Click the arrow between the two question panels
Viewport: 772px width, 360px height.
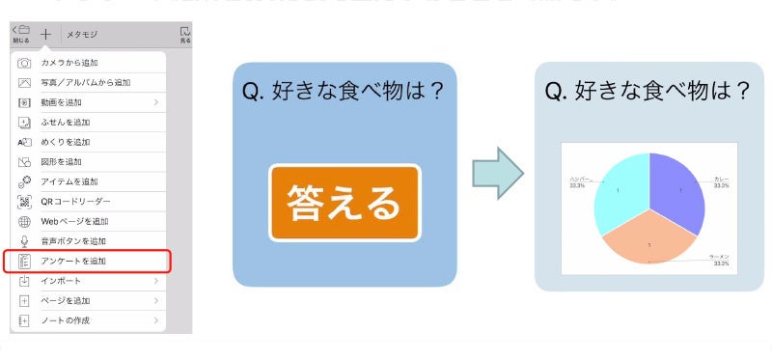(x=497, y=173)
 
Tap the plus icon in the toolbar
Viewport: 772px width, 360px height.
(x=45, y=33)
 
